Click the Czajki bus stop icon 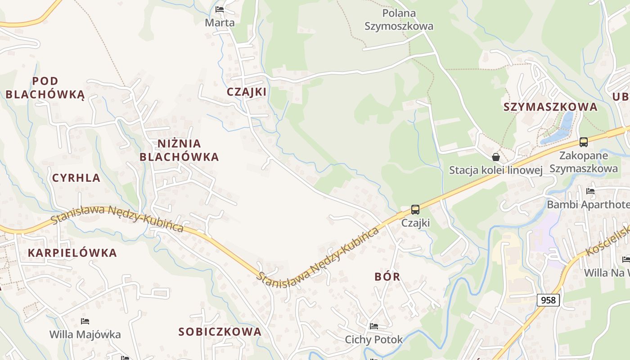pos(415,210)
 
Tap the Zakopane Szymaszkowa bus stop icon pos(584,142)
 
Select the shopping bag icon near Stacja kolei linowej pos(495,157)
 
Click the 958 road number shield pos(548,300)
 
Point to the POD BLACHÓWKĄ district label pos(45,88)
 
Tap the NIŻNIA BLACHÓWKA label pos(179,150)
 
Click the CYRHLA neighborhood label pos(76,178)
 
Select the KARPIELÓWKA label pos(72,253)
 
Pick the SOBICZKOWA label pos(220,332)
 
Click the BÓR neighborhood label pos(387,276)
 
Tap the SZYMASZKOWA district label pos(550,107)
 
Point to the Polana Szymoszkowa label pos(399,19)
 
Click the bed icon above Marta pos(220,9)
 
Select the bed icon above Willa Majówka pos(85,321)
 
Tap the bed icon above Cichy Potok pos(373,326)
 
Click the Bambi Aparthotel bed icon pos(590,191)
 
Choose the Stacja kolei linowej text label pos(495,170)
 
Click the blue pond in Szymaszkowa pos(561,128)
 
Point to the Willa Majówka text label pos(85,334)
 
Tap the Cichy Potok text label pos(373,339)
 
